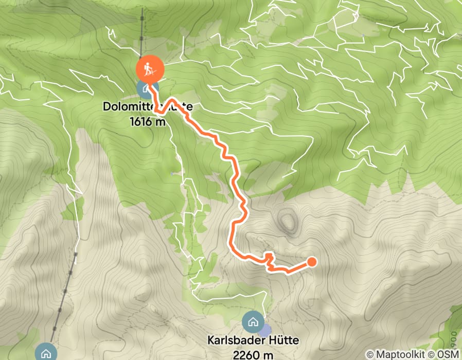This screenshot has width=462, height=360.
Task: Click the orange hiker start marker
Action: [150, 68]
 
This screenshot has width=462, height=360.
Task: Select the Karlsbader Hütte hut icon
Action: [252, 322]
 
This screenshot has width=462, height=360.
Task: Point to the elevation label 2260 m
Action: [253, 354]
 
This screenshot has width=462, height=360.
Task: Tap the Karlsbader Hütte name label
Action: [253, 340]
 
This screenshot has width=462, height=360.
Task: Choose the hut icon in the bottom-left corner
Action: [46, 353]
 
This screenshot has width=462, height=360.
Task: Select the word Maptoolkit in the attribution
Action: [399, 354]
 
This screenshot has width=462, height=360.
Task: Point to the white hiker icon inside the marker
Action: [150, 68]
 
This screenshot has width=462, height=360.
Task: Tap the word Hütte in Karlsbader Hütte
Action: [282, 340]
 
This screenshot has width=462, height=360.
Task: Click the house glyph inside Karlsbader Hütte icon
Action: [252, 322]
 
